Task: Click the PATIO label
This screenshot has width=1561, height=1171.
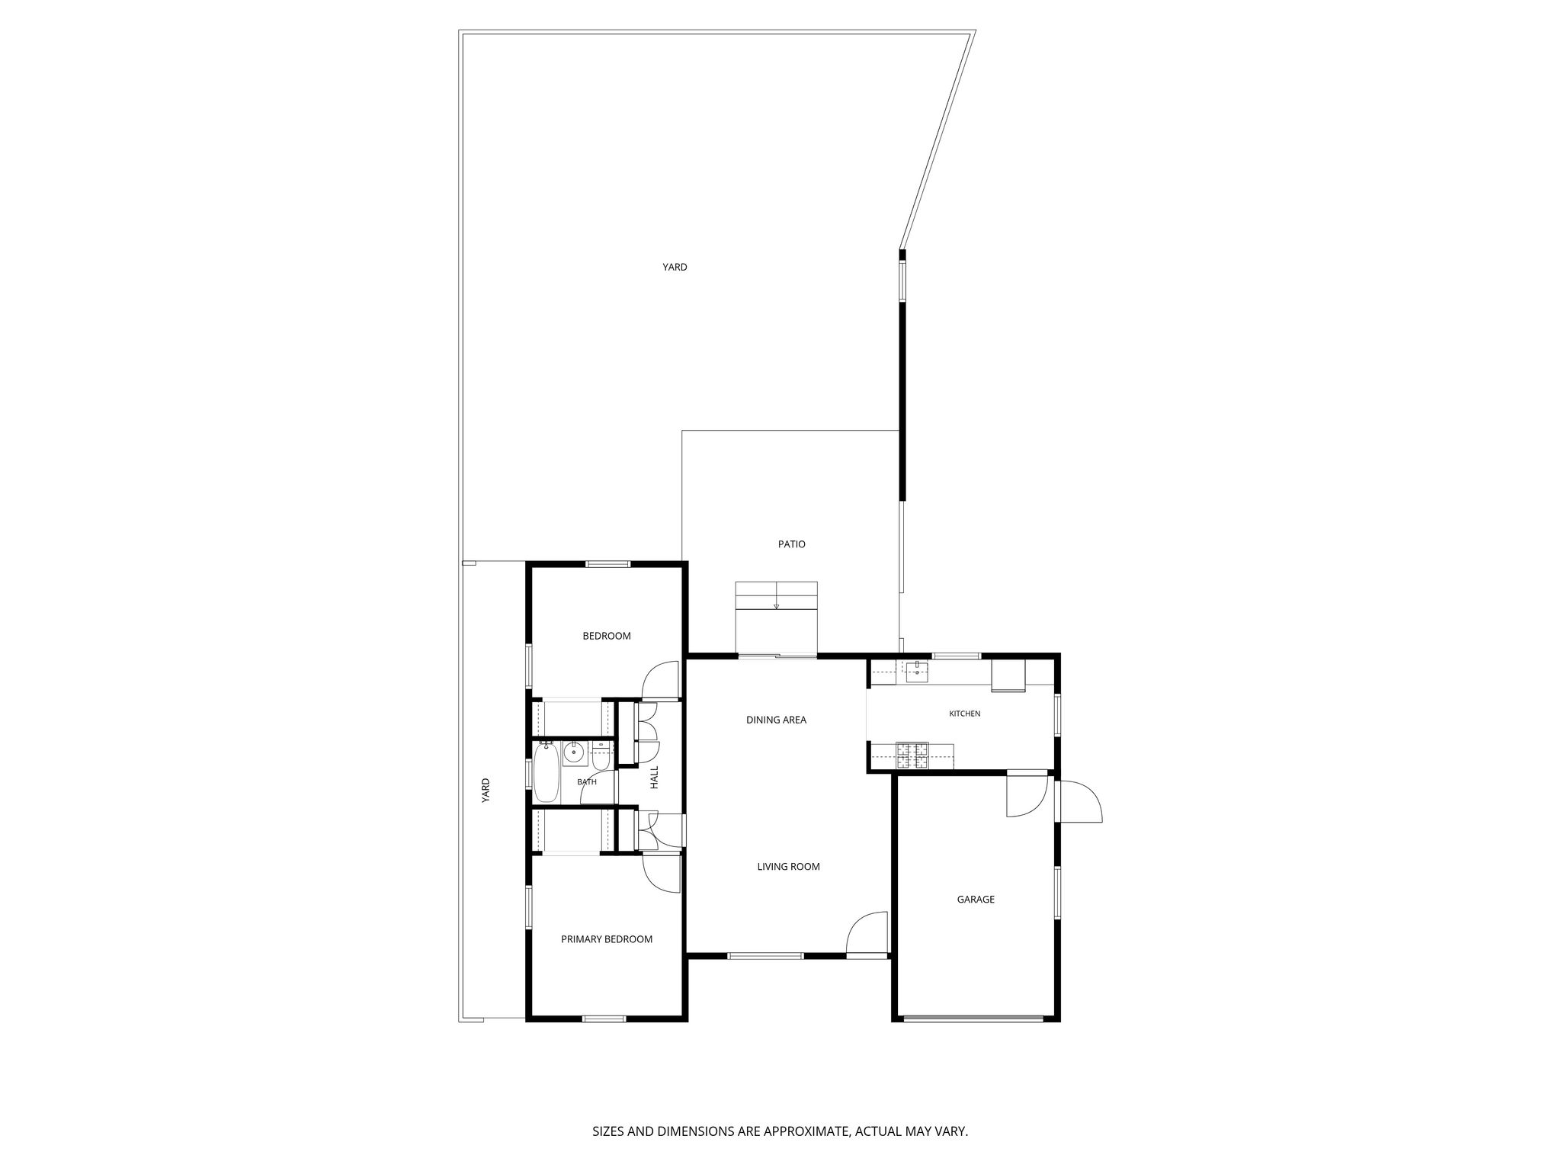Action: tap(791, 544)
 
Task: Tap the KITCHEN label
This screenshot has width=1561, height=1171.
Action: tap(964, 714)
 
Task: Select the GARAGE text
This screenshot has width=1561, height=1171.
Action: tap(976, 900)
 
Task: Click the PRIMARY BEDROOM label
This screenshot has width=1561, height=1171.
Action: tap(607, 939)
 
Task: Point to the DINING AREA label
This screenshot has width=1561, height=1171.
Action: tap(776, 720)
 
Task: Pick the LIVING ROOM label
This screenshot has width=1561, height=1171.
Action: tap(788, 867)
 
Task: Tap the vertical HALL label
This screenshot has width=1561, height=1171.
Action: tap(654, 778)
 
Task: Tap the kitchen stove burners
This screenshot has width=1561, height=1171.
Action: tap(912, 755)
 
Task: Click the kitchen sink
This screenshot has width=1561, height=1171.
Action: tap(916, 672)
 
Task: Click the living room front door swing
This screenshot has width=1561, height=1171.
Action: tap(867, 932)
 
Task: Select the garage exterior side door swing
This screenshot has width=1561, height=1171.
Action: tap(1080, 801)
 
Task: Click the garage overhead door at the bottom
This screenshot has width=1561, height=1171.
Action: tap(973, 1018)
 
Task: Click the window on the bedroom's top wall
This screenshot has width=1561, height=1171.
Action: tap(607, 564)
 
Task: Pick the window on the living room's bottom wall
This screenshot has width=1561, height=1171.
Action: tap(765, 955)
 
